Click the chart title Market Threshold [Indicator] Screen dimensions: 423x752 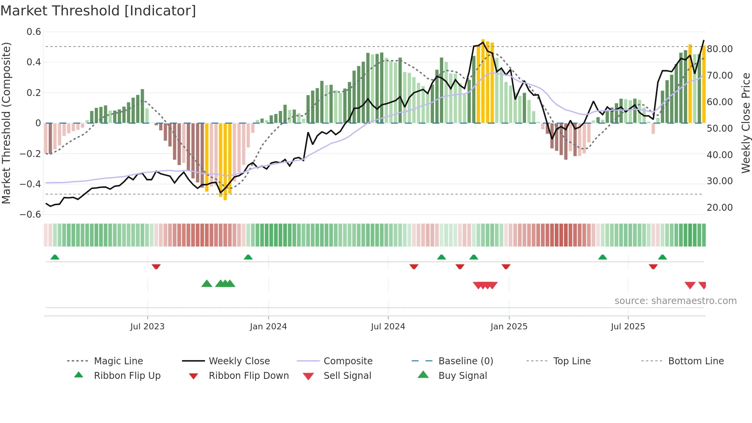click(x=98, y=11)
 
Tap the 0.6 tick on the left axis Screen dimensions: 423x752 click(x=34, y=32)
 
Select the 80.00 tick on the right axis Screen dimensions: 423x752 click(x=720, y=49)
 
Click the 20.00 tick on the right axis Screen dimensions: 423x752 click(x=720, y=208)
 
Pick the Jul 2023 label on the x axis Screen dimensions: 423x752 click(x=147, y=327)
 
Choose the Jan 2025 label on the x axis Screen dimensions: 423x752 click(x=509, y=327)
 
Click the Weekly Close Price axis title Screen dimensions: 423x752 click(x=745, y=123)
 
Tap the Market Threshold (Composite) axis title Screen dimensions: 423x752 click(x=6, y=123)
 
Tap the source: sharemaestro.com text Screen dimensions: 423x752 click(x=675, y=301)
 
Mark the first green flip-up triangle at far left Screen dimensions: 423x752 click(x=55, y=257)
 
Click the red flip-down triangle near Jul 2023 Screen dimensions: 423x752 click(x=156, y=266)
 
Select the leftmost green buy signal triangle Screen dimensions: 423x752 click(x=207, y=284)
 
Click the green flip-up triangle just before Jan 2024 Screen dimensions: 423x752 click(x=248, y=257)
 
